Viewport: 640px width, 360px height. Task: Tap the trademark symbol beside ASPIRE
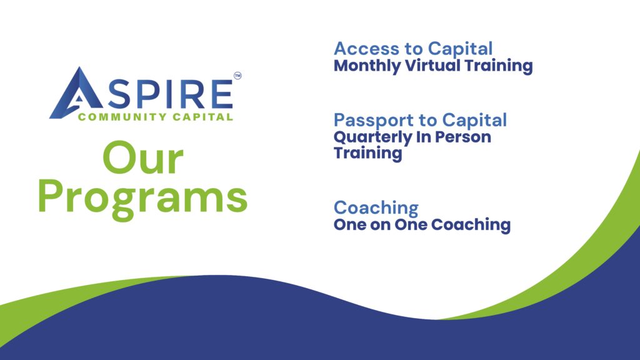[x=237, y=76]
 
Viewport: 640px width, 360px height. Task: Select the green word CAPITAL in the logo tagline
[x=203, y=117]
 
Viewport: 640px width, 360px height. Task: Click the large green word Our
[x=143, y=158]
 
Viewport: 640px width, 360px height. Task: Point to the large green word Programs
[x=143, y=199]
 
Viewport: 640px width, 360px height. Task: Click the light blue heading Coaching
[x=376, y=208]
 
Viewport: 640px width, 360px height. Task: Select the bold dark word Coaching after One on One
[x=471, y=225]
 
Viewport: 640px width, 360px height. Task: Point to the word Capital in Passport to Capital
[x=474, y=121]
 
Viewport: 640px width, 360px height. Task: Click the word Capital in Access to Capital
[x=460, y=49]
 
